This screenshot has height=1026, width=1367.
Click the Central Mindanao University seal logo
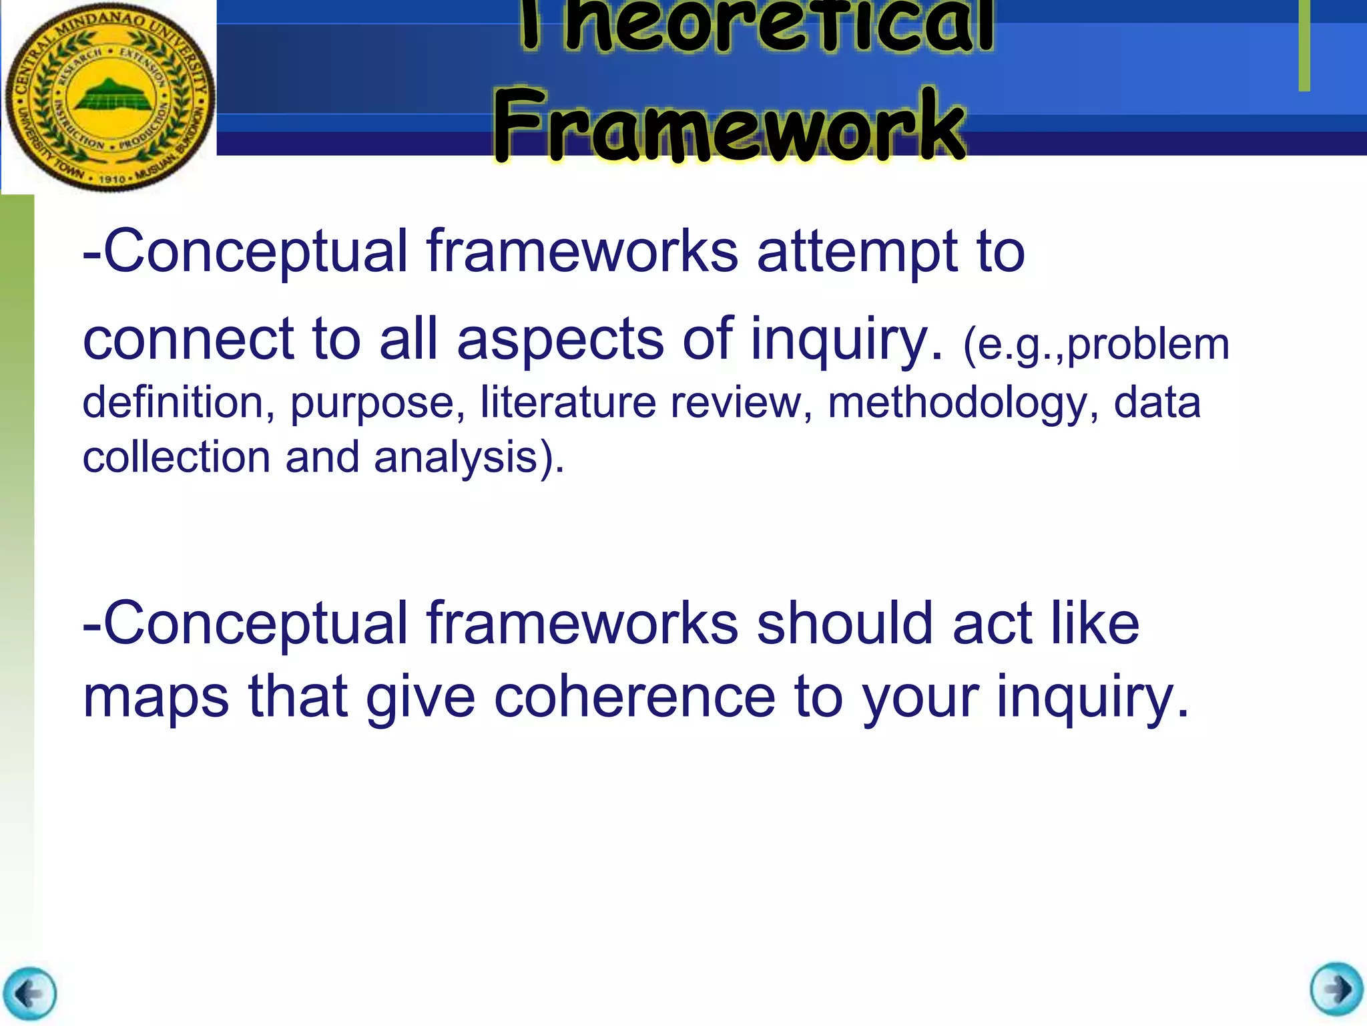tap(109, 97)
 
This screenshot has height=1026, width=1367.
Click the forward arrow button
tap(1336, 989)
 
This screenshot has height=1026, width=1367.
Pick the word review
tap(742, 403)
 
